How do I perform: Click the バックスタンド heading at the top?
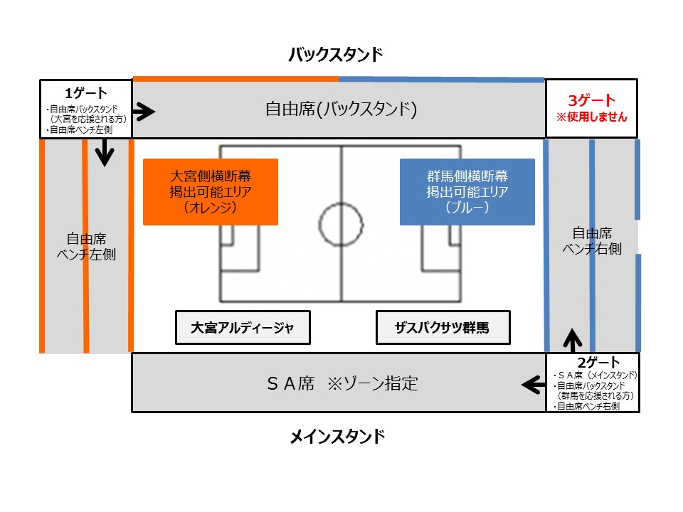[x=335, y=55]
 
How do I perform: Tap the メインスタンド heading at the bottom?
[x=337, y=436]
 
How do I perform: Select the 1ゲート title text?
[x=86, y=92]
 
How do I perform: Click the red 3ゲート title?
[x=591, y=100]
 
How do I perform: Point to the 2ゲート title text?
[x=598, y=362]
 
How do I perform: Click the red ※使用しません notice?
[x=591, y=117]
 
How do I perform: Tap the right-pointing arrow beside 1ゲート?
[x=144, y=112]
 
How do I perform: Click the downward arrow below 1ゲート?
[x=105, y=152]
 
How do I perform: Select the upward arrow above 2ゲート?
[x=573, y=340]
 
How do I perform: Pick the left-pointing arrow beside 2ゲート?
[x=534, y=385]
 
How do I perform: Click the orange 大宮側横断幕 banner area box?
[x=211, y=192]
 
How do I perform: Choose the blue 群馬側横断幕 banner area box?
[x=467, y=192]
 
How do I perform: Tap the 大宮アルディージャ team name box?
[x=243, y=327]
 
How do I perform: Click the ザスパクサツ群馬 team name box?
[x=443, y=327]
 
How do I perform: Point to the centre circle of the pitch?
[x=341, y=203]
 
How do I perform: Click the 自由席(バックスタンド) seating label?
[x=341, y=109]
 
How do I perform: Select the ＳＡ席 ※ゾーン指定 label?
[x=342, y=383]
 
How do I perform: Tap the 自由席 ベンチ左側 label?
[x=86, y=247]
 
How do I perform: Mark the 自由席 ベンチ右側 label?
[x=592, y=241]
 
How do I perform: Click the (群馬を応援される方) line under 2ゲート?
[x=595, y=396]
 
